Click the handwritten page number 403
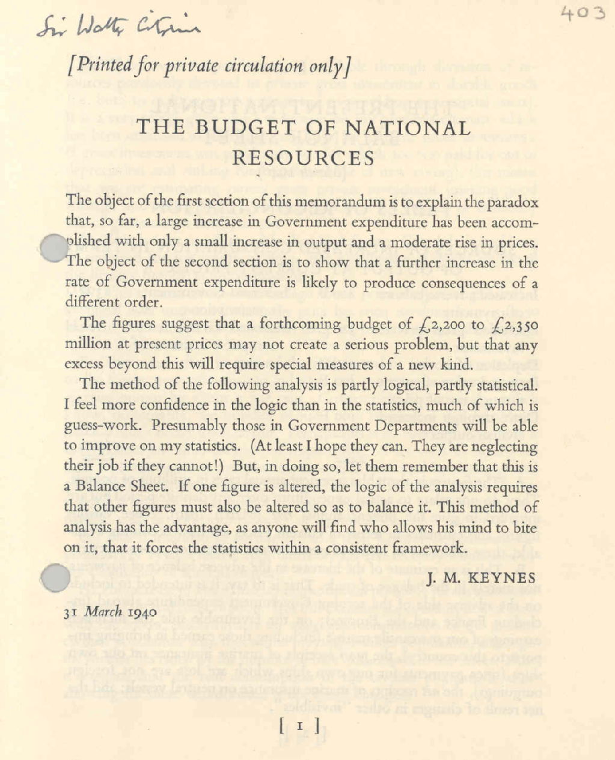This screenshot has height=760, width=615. tap(581, 13)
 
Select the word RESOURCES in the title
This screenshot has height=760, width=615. tap(303, 158)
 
